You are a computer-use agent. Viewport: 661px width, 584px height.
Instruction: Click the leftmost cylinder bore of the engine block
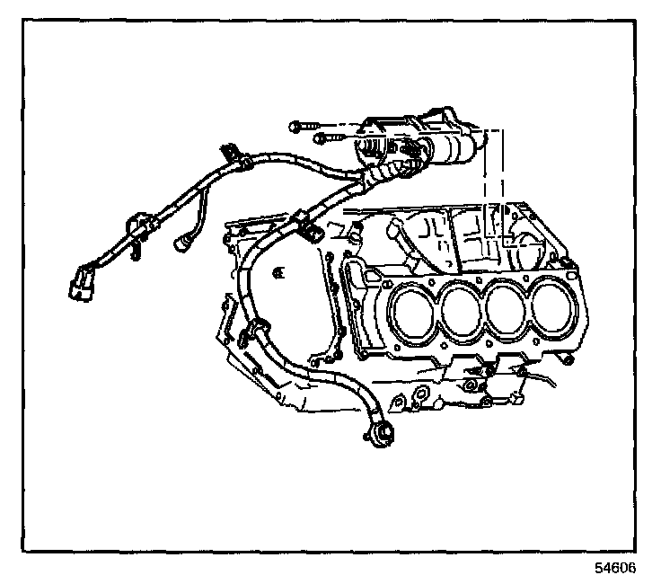point(414,313)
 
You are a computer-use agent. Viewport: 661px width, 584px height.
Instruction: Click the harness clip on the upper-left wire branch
point(235,155)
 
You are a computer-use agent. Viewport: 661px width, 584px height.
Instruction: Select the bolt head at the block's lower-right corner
point(568,360)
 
